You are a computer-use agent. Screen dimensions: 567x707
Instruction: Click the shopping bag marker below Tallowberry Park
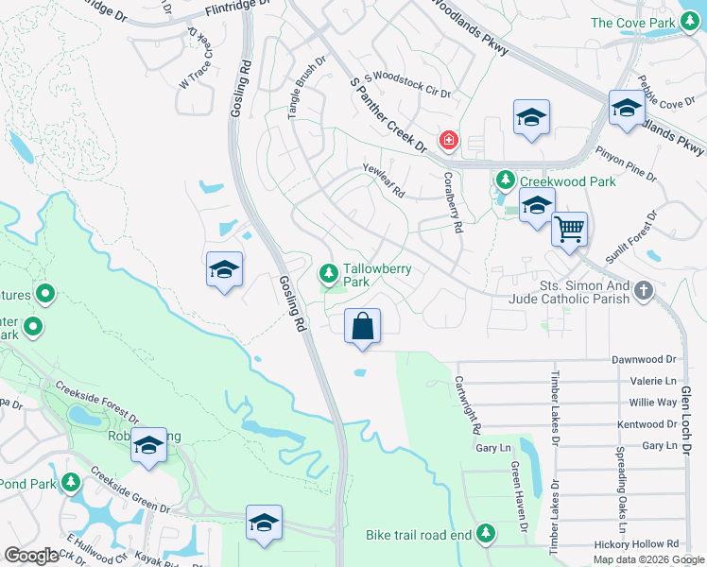pyautogui.click(x=362, y=328)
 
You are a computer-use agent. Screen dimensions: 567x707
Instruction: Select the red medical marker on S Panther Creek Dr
pyautogui.click(x=448, y=142)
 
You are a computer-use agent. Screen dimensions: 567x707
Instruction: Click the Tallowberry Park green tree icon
pyautogui.click(x=328, y=274)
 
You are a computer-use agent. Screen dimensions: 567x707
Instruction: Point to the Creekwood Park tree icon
pyautogui.click(x=506, y=180)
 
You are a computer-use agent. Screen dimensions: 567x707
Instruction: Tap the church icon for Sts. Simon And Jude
pyautogui.click(x=644, y=290)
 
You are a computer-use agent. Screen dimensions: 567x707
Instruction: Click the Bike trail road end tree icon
pyautogui.click(x=486, y=534)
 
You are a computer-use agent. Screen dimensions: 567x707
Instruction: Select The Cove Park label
pyautogui.click(x=633, y=23)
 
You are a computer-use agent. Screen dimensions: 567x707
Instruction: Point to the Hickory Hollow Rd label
pyautogui.click(x=638, y=544)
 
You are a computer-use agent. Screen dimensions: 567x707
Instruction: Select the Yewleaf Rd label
pyautogui.click(x=384, y=180)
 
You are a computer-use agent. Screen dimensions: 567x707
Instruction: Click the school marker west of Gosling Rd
pyautogui.click(x=224, y=270)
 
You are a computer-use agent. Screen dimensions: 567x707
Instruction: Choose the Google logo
pyautogui.click(x=31, y=556)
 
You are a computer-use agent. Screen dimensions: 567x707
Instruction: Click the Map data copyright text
pyautogui.click(x=648, y=559)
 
